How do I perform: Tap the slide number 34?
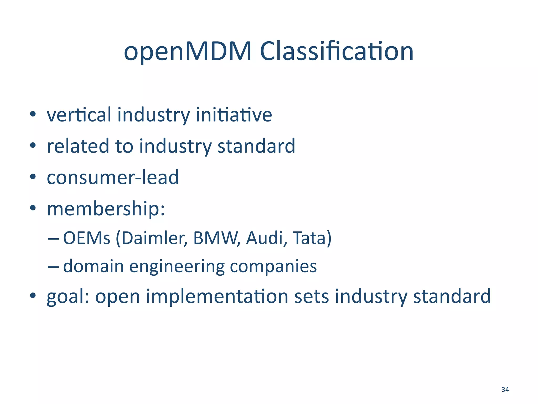[505, 390]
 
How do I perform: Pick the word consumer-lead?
[113, 177]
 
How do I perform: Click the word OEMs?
[86, 238]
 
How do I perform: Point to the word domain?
[94, 266]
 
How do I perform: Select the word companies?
[273, 267]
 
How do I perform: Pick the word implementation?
[217, 297]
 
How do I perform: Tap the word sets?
[311, 297]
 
